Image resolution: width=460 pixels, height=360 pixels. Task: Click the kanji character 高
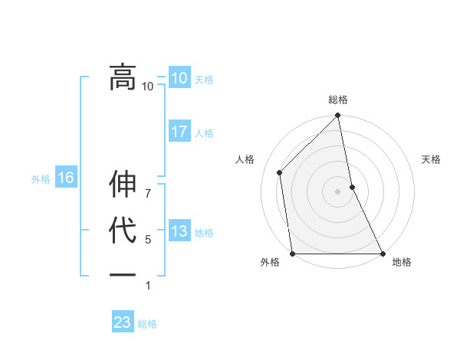point(122,76)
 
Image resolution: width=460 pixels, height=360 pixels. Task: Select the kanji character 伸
point(122,185)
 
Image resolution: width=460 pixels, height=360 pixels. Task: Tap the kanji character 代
point(122,231)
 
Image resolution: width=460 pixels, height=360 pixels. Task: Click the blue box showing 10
point(179,77)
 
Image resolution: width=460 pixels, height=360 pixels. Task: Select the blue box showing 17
point(179,132)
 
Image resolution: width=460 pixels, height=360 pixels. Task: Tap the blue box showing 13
point(179,231)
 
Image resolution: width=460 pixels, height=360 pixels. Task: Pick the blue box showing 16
point(65,178)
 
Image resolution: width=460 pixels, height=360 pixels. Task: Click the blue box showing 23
point(122,322)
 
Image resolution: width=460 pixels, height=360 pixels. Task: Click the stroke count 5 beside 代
point(148,240)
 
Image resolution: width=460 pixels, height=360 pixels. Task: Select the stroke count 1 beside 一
point(148,286)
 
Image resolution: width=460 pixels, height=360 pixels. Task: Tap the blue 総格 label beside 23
point(147,324)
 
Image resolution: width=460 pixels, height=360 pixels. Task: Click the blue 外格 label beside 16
point(41,179)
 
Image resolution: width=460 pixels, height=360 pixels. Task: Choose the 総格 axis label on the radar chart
point(338,100)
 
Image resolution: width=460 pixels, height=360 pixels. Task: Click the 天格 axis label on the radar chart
point(432,159)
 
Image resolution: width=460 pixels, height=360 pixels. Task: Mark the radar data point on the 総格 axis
point(338,116)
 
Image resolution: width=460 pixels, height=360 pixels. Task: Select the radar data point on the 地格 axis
point(383,254)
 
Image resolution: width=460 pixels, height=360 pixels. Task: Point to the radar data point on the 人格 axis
point(280,172)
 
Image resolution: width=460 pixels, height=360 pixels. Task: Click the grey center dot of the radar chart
point(338,191)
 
